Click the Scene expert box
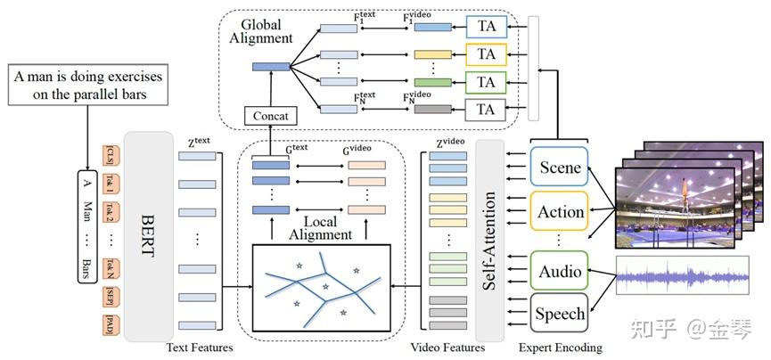pos(561,167)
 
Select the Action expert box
pos(561,212)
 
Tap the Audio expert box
pos(561,271)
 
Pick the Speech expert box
pos(561,313)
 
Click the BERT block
pos(149,236)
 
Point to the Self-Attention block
pos(489,241)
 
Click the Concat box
pos(269,116)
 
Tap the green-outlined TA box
pos(486,82)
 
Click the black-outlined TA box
pos(486,110)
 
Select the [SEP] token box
pos(111,295)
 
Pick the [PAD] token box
pos(111,323)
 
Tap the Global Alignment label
pos(260,31)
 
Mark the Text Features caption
pos(200,348)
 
